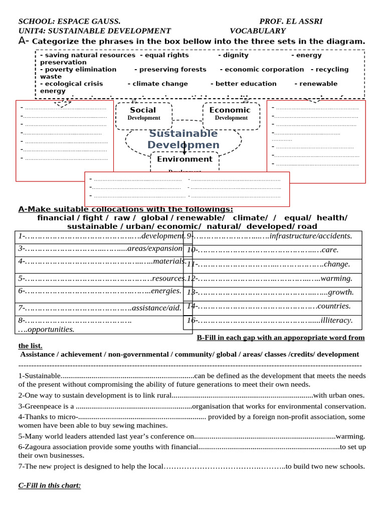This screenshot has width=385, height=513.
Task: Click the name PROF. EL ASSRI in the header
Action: click(291, 21)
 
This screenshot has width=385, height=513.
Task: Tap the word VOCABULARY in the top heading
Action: click(257, 31)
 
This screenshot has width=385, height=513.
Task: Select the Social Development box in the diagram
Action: click(143, 114)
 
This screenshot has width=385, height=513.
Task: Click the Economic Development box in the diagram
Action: click(231, 114)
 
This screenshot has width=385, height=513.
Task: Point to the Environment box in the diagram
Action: click(184, 159)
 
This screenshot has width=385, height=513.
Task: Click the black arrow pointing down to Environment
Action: click(184, 148)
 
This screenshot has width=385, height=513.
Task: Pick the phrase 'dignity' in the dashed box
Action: click(236, 55)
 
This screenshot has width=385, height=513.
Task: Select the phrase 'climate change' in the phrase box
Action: click(160, 84)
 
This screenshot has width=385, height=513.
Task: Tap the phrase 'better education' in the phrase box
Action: click(246, 84)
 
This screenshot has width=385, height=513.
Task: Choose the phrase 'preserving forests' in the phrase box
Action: click(172, 70)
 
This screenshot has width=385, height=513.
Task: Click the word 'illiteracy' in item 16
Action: click(336, 320)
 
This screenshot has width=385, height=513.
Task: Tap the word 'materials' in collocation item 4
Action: click(169, 261)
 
